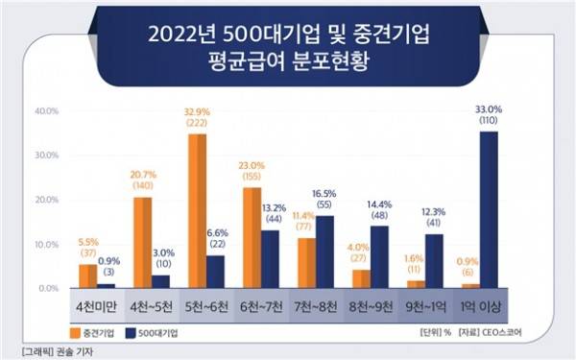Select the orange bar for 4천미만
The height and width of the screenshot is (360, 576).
tap(87, 276)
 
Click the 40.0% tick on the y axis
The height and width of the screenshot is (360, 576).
tap(47, 110)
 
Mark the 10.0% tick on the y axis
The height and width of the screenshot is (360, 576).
tap(47, 245)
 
